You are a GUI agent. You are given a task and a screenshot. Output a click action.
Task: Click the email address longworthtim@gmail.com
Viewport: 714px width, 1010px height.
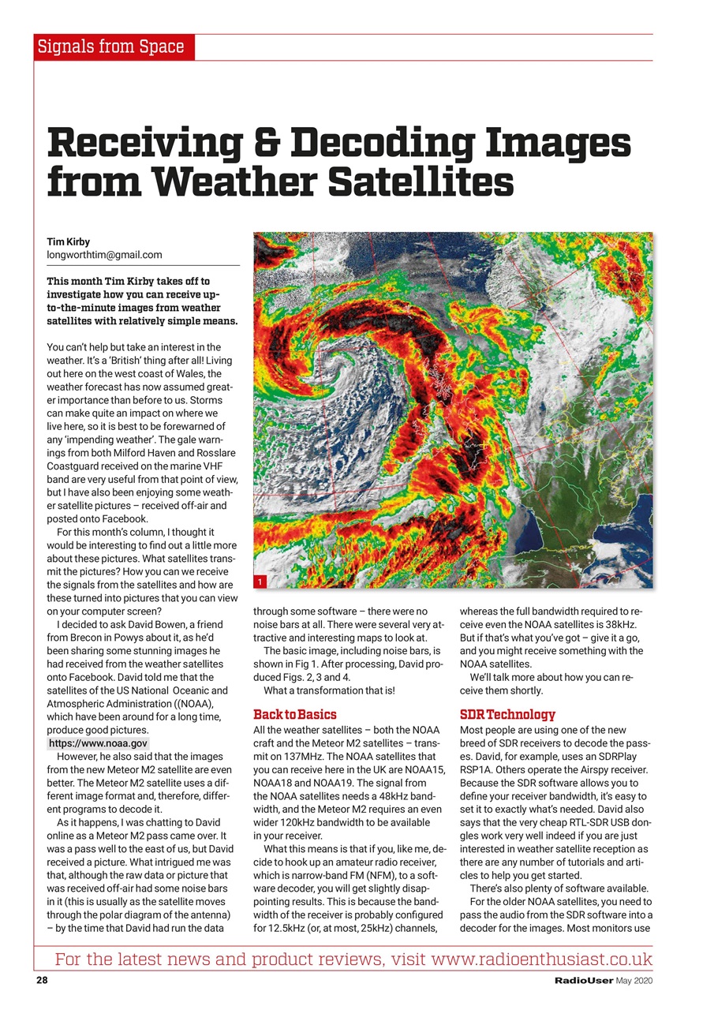pyautogui.click(x=104, y=255)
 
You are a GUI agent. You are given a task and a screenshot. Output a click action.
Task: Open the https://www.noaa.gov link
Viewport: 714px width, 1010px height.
pyautogui.click(x=98, y=743)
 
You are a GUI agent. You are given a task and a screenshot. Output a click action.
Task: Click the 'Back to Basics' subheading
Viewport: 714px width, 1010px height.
pyautogui.click(x=294, y=715)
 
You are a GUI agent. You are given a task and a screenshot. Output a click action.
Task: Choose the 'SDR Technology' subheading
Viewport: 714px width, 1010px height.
pyautogui.click(x=507, y=715)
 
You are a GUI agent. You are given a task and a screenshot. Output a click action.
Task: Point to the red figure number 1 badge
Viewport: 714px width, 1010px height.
pyautogui.click(x=260, y=582)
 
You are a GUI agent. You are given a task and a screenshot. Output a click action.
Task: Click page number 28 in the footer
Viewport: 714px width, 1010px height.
pyautogui.click(x=42, y=981)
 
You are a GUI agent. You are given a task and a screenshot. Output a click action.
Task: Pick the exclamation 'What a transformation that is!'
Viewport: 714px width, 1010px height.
pyautogui.click(x=329, y=690)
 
